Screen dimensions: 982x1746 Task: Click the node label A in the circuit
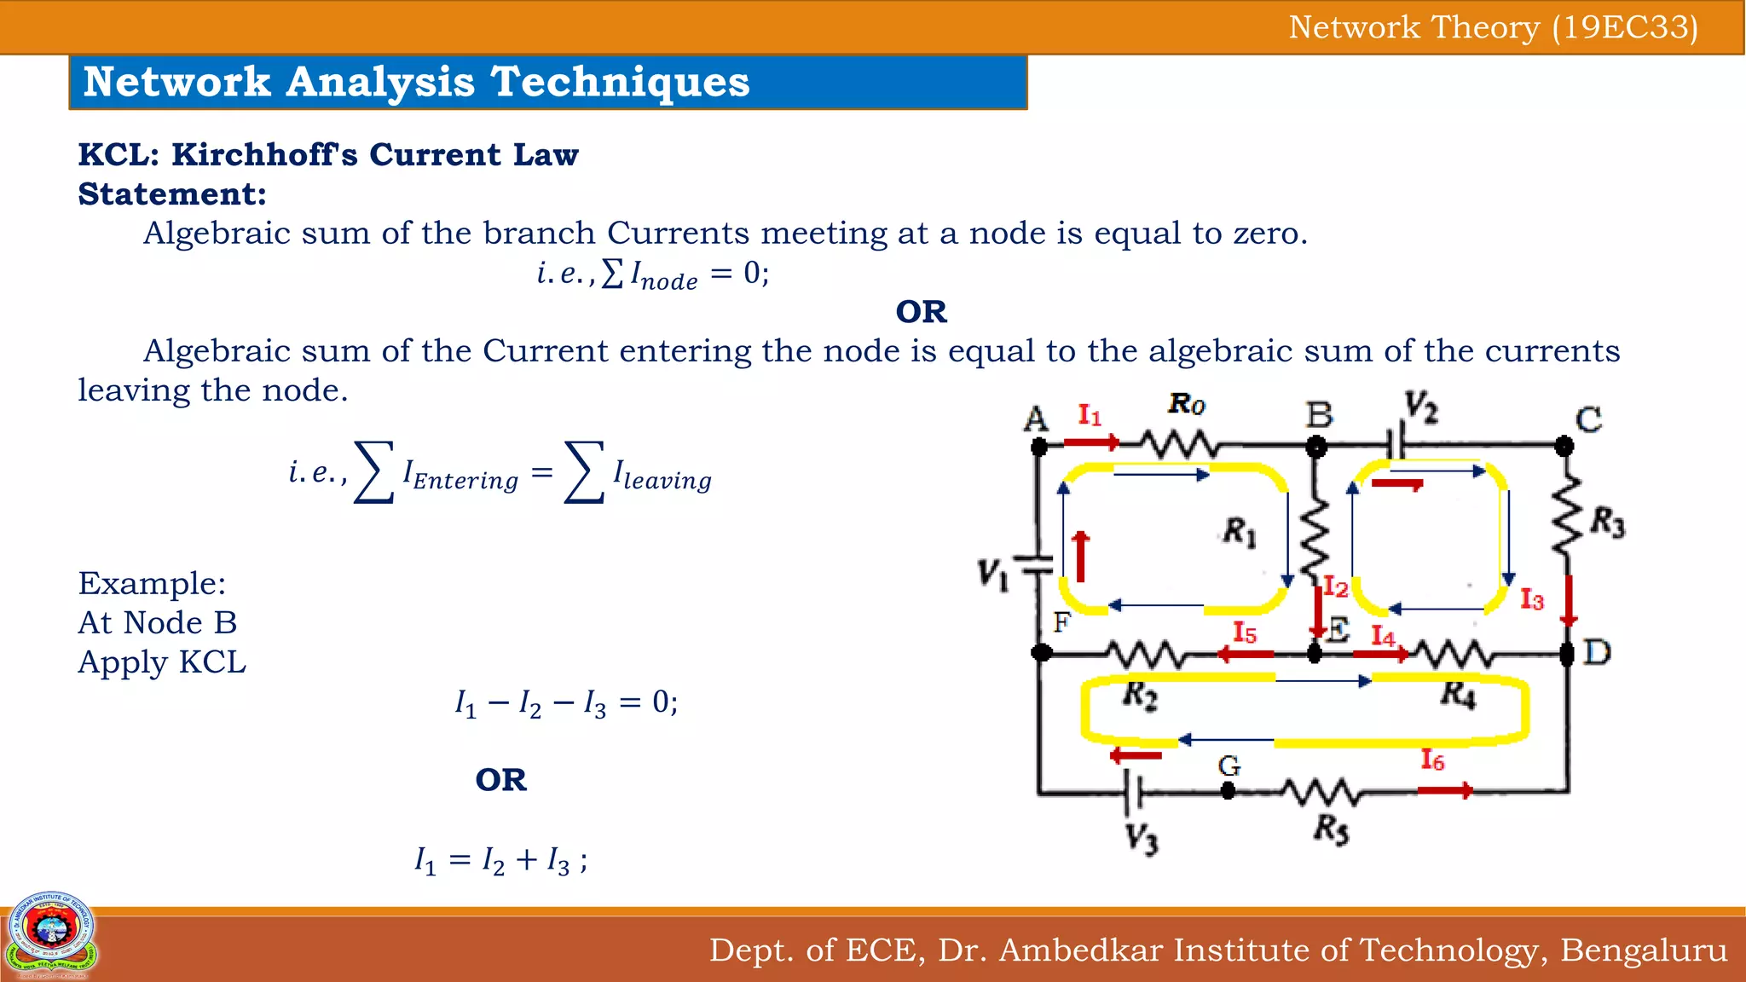point(1036,419)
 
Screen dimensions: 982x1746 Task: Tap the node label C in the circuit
point(1588,419)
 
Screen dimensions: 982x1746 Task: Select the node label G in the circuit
point(1229,765)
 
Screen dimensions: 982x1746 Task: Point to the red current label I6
point(1432,760)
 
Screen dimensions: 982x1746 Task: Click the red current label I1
point(1090,415)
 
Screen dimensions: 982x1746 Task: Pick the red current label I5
point(1245,633)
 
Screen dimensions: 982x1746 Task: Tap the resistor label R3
point(1608,522)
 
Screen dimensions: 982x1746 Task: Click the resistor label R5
point(1331,828)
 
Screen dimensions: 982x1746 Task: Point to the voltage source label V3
point(1142,838)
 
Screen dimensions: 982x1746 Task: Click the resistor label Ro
point(1187,403)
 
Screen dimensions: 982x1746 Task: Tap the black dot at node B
point(1316,446)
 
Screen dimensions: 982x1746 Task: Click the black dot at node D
point(1566,654)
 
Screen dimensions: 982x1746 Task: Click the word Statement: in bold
point(172,194)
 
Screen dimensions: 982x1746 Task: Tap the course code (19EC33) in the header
point(1625,27)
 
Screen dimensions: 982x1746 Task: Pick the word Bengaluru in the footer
point(1644,950)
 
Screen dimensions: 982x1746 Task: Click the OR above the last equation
point(501,780)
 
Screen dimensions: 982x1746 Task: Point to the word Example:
point(152,583)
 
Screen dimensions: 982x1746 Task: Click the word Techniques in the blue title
point(620,82)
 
